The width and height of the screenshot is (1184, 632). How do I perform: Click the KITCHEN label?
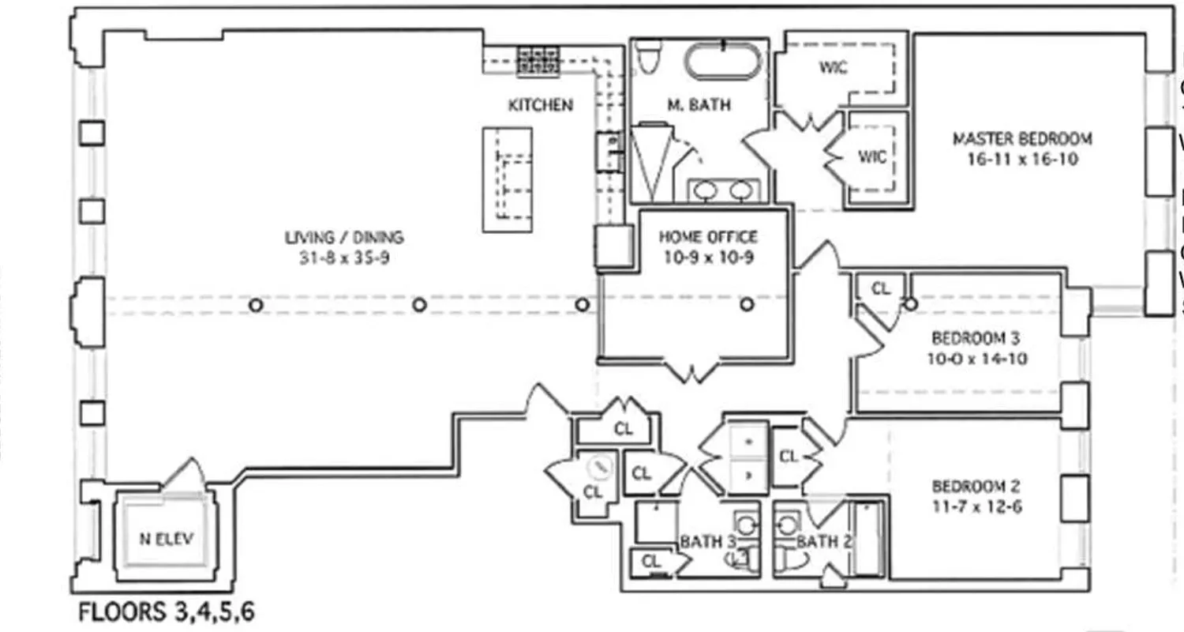[x=540, y=104]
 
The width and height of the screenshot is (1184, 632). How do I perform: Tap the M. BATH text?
[x=699, y=104]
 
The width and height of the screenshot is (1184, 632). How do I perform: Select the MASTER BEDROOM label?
[x=1022, y=139]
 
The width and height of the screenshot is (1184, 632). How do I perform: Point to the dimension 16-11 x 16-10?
[x=1022, y=159]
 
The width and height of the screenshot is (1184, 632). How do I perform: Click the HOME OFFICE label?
[x=708, y=236]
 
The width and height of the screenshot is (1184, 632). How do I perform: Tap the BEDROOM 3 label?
[x=976, y=338]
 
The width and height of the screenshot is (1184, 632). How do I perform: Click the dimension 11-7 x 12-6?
[x=976, y=506]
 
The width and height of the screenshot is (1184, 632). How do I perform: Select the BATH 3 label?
[x=702, y=542]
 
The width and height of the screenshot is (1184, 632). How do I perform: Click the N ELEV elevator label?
[x=166, y=540]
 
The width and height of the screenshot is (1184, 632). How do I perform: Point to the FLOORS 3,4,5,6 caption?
[x=167, y=612]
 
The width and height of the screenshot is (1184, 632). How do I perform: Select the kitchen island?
[x=508, y=179]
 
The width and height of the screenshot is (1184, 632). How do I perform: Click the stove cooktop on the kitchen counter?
[x=538, y=62]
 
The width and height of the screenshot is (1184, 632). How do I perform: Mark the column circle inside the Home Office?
[x=747, y=304]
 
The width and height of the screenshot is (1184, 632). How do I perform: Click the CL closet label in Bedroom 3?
[x=880, y=289]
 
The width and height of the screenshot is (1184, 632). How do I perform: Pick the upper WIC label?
[x=833, y=68]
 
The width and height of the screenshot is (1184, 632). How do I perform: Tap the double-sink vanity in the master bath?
[x=723, y=190]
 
